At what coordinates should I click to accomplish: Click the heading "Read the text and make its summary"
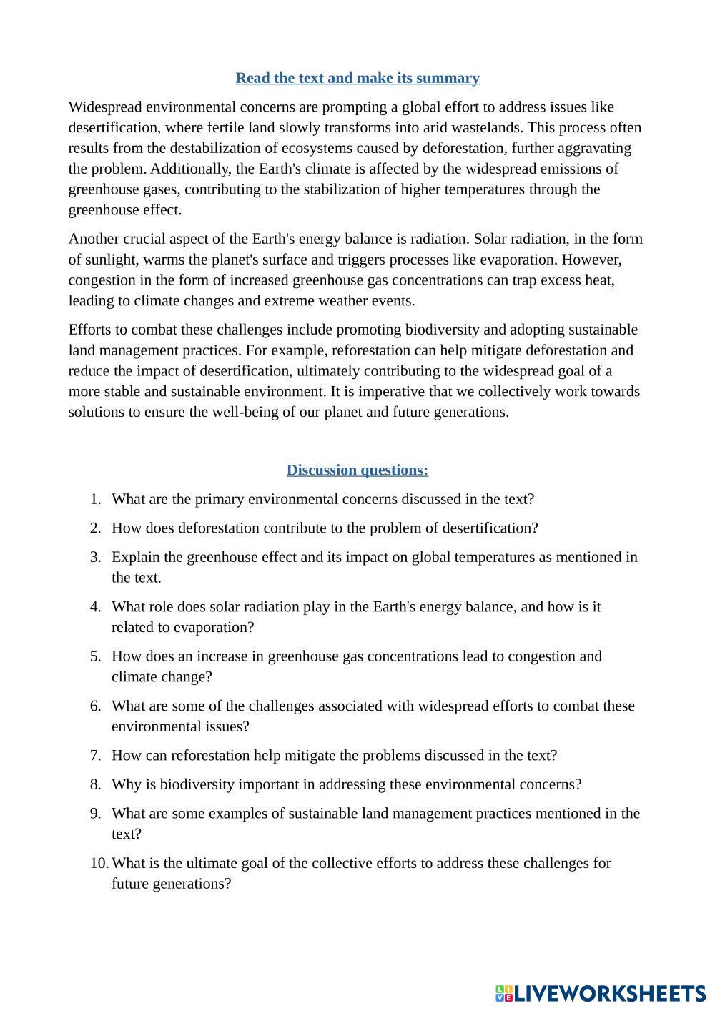coord(357,78)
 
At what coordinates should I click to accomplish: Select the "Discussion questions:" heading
coord(357,470)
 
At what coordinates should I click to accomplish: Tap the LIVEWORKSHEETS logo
coord(601,993)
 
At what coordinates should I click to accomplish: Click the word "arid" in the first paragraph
coord(454,127)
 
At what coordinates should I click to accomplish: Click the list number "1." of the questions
coord(96,500)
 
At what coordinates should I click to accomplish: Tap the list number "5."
coord(96,656)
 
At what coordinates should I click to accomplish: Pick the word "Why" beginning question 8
coord(125,784)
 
